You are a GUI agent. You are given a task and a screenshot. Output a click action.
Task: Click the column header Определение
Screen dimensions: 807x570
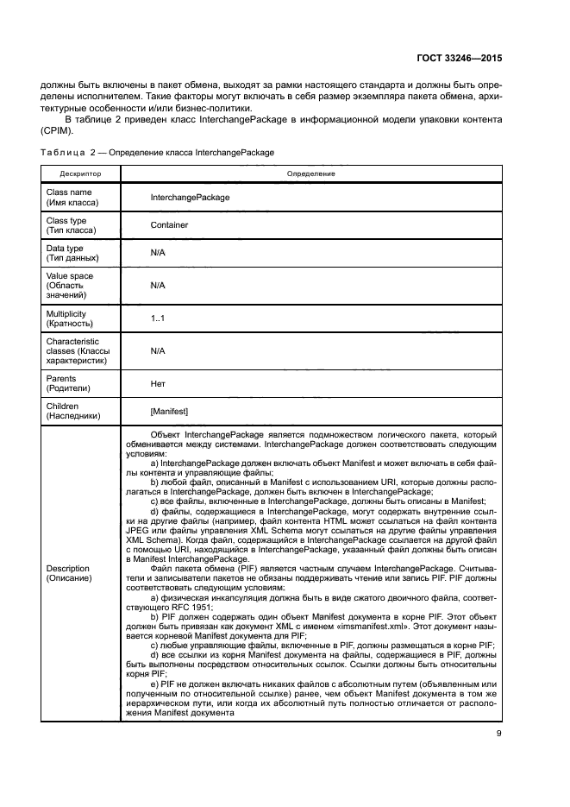[310, 173]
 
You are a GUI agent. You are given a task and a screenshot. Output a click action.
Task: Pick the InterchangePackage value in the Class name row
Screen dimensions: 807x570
[190, 198]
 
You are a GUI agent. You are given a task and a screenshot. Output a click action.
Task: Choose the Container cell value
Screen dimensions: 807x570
[169, 225]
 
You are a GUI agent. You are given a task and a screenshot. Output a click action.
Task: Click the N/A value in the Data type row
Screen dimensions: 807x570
[157, 253]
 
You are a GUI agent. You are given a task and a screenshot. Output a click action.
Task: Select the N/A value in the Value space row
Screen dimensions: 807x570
[157, 285]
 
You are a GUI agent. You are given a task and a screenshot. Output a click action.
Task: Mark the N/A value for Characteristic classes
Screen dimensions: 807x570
[157, 351]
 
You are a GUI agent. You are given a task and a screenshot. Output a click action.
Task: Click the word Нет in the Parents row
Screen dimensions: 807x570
[158, 383]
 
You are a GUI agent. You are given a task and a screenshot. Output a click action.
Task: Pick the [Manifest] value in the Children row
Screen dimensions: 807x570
[169, 411]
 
